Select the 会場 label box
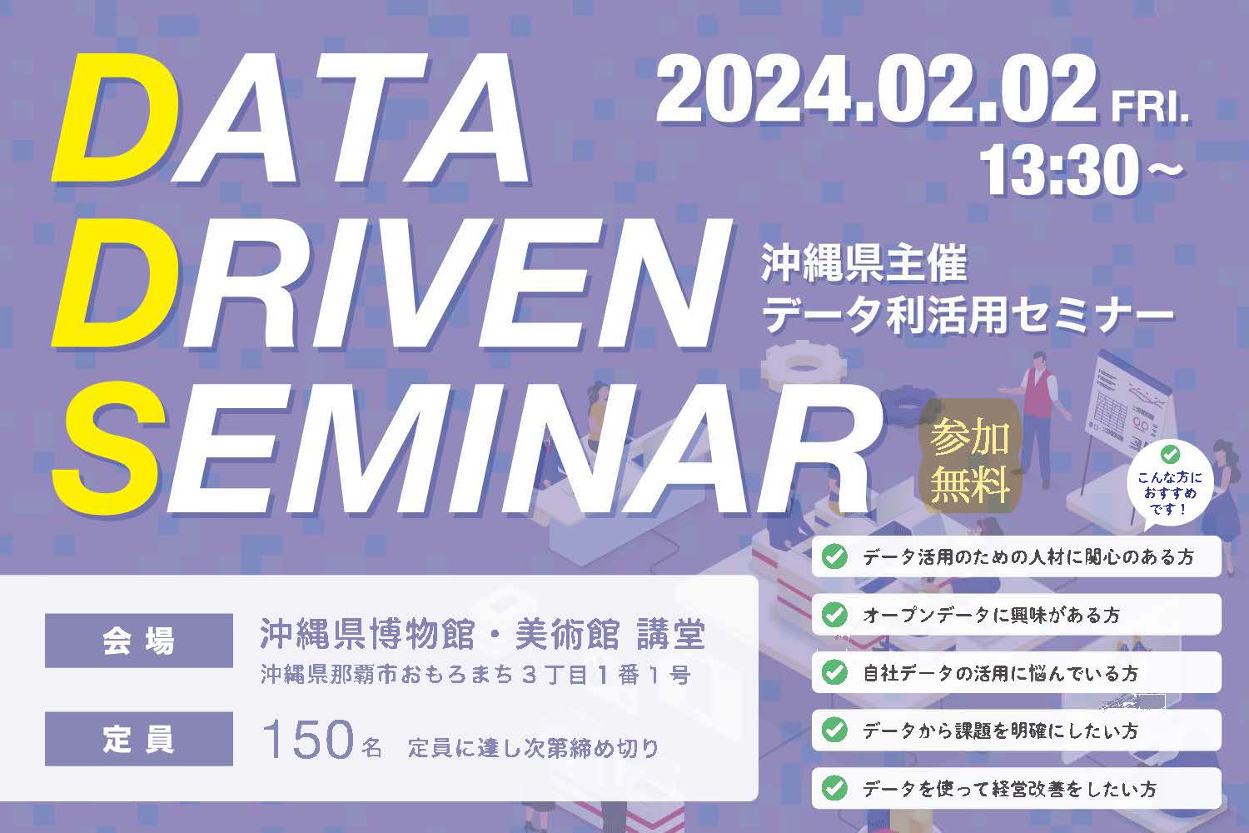click(x=139, y=641)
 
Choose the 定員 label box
click(x=139, y=739)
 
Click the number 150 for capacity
click(x=307, y=739)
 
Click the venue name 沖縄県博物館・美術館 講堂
click(x=483, y=635)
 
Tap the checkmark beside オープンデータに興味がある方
click(x=834, y=614)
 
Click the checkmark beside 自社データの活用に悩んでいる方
click(x=834, y=672)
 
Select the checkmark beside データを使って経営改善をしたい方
click(x=834, y=788)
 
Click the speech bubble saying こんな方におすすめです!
click(x=1169, y=486)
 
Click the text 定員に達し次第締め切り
click(x=533, y=748)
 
